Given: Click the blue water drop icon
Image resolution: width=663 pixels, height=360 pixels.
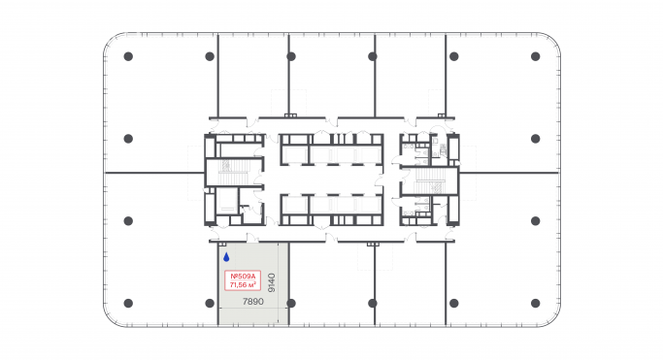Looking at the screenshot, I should [x=226, y=258].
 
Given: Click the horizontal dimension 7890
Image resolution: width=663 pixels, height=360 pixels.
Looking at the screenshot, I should [x=252, y=302].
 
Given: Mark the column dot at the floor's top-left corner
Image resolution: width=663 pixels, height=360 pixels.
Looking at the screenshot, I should [x=128, y=56].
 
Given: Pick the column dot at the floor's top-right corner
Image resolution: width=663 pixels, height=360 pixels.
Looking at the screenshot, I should [x=535, y=56].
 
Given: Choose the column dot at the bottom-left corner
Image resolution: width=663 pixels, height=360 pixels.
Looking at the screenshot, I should [x=128, y=304].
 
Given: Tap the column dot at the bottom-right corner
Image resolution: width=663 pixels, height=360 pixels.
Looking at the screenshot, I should [x=535, y=304].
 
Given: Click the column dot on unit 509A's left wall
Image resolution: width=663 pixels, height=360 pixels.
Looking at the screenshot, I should [x=210, y=304].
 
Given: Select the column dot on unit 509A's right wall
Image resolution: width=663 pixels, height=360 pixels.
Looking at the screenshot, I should [x=290, y=304].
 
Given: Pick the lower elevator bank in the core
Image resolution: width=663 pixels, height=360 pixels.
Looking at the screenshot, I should [x=331, y=206].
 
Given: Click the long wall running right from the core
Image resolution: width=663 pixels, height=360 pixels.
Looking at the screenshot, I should [x=509, y=173].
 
